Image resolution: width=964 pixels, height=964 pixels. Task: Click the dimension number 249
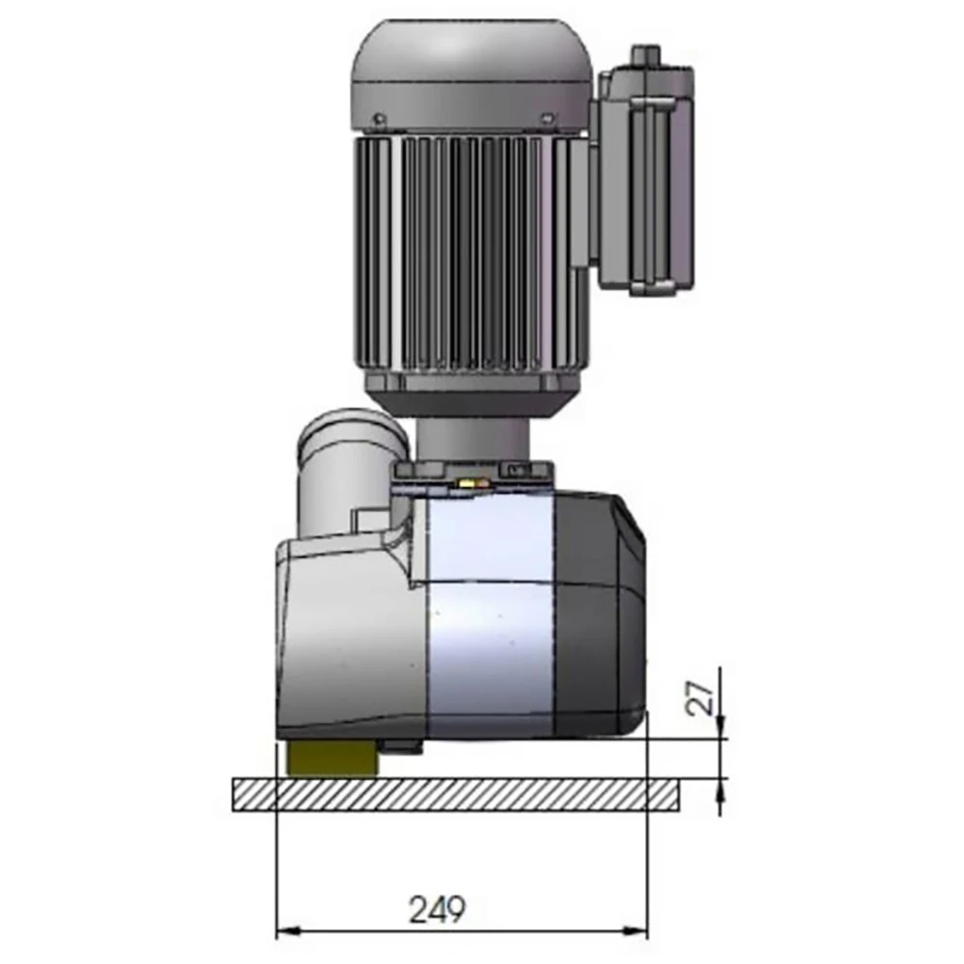tap(438, 909)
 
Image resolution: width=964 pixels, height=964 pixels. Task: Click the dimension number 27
tap(702, 698)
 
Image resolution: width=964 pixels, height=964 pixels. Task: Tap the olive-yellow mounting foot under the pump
tap(332, 759)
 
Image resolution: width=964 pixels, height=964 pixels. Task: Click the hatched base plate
tap(456, 795)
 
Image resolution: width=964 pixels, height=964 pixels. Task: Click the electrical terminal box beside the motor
tap(646, 178)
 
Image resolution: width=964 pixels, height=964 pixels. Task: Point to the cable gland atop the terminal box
tap(645, 54)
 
